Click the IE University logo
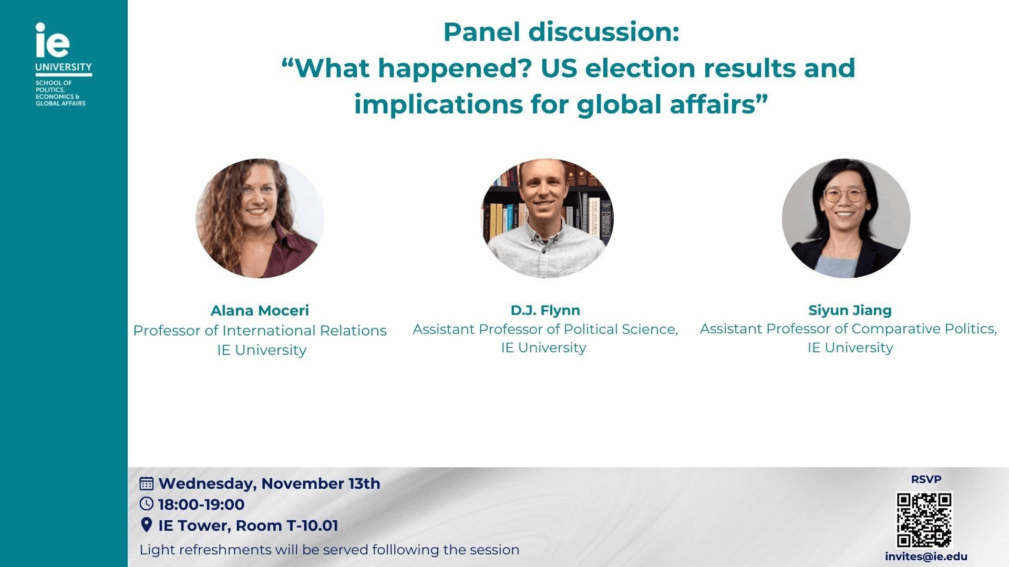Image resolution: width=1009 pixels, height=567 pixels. tap(64, 64)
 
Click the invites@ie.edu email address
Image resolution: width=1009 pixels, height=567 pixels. tap(926, 556)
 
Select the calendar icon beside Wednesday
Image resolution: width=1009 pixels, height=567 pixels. tap(147, 483)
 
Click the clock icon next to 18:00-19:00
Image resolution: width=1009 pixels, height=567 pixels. tap(147, 504)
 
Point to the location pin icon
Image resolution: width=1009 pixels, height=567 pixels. tap(147, 524)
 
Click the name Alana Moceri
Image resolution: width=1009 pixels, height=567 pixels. tap(260, 310)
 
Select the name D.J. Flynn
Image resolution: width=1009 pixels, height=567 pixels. tap(545, 310)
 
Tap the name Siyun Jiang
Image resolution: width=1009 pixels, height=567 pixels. tap(850, 310)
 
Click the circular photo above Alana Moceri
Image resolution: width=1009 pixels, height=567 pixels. tap(260, 218)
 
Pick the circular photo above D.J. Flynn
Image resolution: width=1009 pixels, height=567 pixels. tap(547, 218)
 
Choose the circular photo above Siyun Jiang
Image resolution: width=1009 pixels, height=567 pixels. tap(846, 218)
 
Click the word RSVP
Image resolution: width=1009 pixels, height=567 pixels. tap(926, 479)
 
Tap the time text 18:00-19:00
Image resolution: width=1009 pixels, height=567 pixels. tap(201, 505)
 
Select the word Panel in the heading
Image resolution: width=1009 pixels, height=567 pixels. tap(481, 32)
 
